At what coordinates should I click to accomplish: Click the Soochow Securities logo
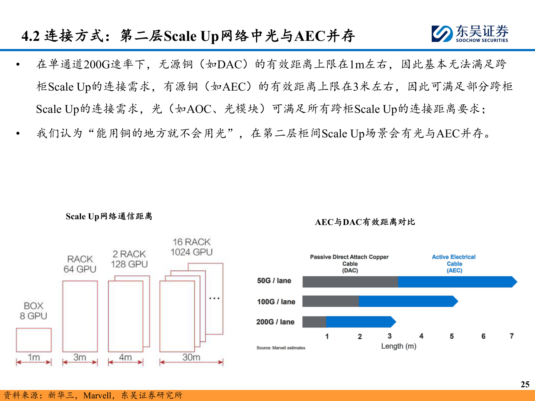coord(470,34)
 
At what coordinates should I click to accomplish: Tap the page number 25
coord(525,384)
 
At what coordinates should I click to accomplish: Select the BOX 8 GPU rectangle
coord(34,340)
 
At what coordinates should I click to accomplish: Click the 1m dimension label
coord(34,357)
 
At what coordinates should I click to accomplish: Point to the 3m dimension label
coord(80,357)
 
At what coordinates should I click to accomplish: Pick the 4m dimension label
coord(125,357)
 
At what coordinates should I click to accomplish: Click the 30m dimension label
coord(191,357)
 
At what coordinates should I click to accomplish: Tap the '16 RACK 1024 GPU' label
coord(191,247)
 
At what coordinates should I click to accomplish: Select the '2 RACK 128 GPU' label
coord(129,259)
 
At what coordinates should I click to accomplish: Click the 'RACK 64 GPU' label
coord(80,264)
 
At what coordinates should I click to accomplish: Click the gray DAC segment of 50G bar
coord(350,282)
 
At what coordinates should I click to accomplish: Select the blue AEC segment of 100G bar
coord(408,301)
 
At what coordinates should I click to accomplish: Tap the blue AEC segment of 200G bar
coord(361,322)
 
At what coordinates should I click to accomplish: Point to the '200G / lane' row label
coord(275,322)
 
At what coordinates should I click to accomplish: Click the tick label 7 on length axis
coord(512,336)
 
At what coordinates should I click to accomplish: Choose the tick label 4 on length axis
coord(421,336)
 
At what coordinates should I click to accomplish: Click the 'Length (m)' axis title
coord(399,346)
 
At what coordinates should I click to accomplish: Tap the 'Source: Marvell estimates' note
coord(281,348)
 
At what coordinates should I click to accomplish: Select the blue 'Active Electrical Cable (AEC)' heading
coord(454,264)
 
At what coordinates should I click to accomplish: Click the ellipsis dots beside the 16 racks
coord(214,298)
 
